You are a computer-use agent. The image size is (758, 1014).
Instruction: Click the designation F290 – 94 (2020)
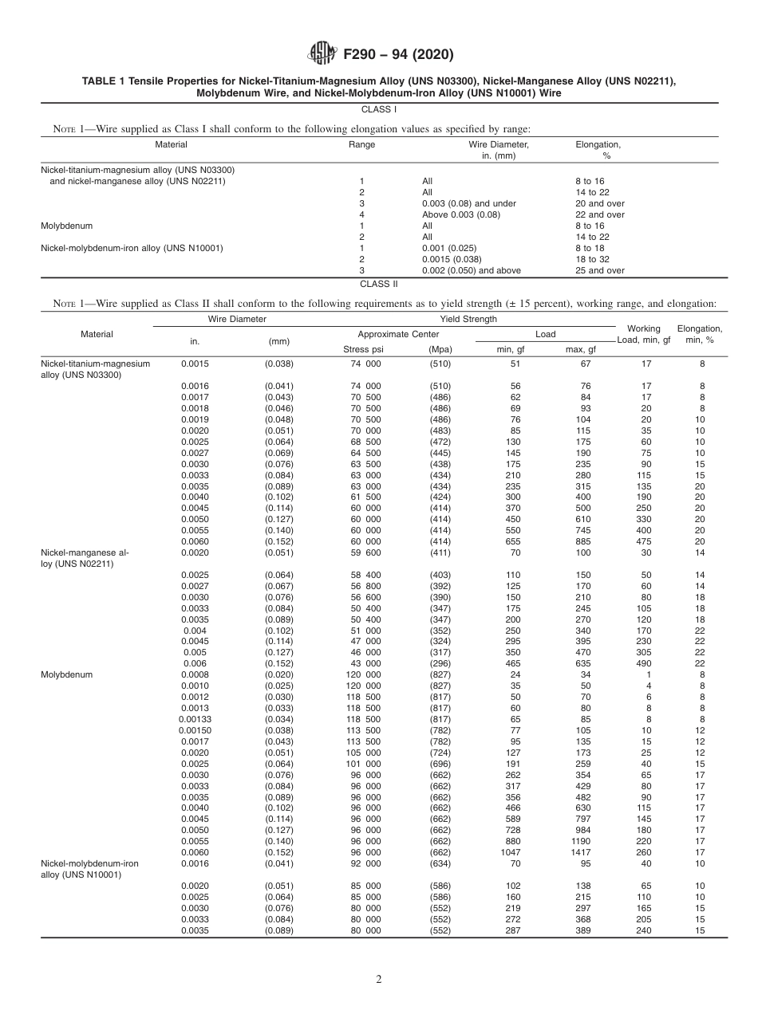coord(398,55)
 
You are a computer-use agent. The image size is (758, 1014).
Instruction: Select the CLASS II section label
coord(379,284)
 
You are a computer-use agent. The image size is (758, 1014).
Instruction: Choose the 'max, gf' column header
coord(580,349)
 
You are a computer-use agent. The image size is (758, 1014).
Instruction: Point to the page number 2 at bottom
coord(379,980)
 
